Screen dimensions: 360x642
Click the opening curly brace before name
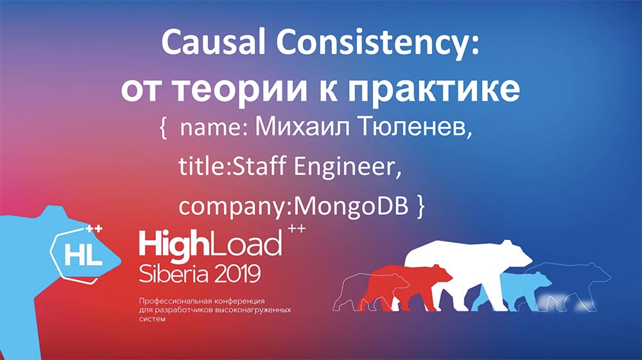click(x=162, y=130)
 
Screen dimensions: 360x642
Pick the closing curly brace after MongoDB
click(x=421, y=206)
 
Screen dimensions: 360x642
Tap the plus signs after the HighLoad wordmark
click(x=296, y=229)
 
